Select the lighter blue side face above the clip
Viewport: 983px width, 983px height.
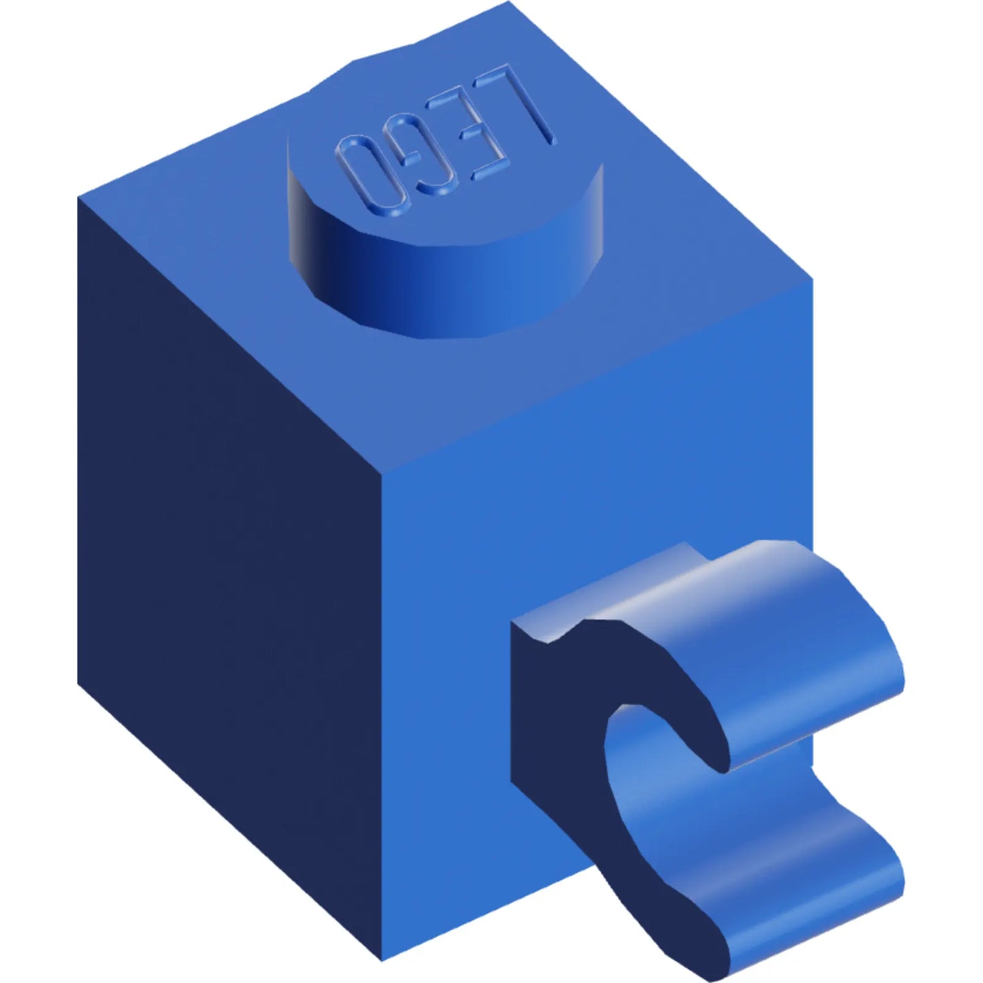coord(599,442)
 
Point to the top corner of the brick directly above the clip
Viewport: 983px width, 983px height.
coord(812,279)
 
